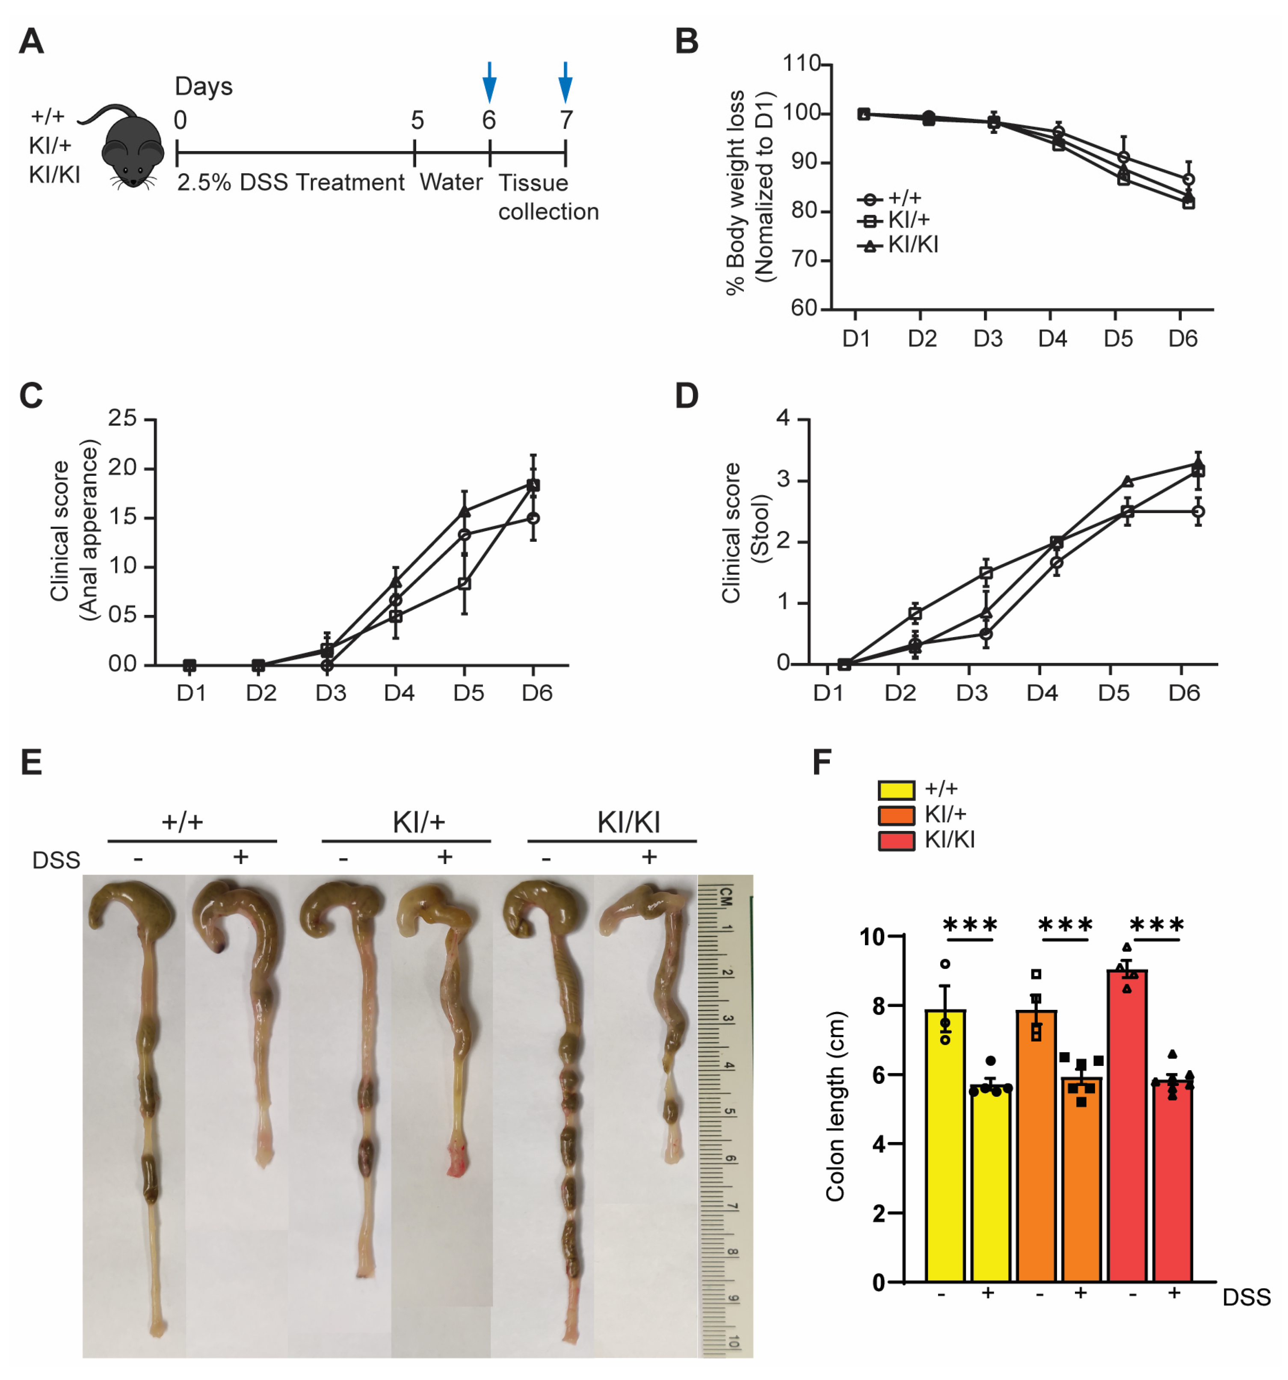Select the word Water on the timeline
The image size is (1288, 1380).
coord(451,183)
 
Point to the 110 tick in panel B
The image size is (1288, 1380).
coord(802,64)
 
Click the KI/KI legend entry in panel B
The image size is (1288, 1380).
coord(899,245)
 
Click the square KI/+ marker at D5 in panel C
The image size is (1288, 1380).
coord(464,584)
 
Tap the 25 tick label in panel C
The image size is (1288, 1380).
coord(122,418)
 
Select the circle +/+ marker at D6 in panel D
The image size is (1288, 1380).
coord(1198,512)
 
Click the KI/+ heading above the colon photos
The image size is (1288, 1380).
coord(418,822)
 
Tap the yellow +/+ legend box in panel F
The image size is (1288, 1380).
coord(895,790)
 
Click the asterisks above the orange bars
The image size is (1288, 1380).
coord(1065,925)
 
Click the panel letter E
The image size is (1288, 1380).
coord(31,762)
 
